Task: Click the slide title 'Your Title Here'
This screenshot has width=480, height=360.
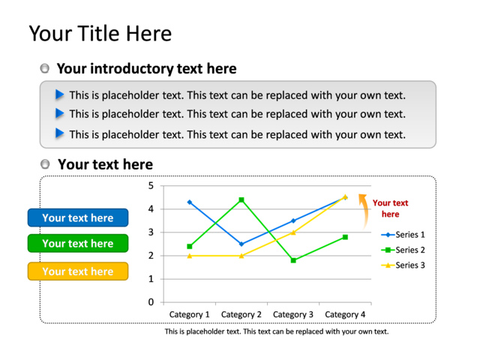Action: pos(100,33)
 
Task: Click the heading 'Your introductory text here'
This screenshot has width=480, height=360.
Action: pos(147,68)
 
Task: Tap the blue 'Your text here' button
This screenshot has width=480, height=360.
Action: pos(78,217)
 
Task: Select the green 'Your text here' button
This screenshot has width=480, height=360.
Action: pos(78,243)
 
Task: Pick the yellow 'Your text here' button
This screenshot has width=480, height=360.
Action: pos(78,271)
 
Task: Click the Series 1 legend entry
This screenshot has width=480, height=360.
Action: pos(403,235)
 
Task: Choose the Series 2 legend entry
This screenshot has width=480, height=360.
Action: pos(403,250)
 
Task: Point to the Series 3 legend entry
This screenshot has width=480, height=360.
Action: pos(403,265)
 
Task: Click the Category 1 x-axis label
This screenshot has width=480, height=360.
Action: pos(190,314)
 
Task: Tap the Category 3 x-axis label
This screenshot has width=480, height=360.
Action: pos(293,314)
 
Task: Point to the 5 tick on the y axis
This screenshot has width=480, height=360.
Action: pos(151,185)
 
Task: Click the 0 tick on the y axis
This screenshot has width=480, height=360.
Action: pos(151,302)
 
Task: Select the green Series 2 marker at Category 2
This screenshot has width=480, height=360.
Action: pos(241,200)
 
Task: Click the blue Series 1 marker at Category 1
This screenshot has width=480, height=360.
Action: pos(190,202)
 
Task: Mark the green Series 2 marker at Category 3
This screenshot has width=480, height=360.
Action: pos(293,260)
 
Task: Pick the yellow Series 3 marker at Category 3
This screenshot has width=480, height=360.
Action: pos(293,232)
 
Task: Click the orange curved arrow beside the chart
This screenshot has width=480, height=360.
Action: pos(364,211)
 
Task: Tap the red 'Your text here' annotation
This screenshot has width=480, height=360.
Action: pos(390,208)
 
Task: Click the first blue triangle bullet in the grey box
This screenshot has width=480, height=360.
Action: pos(60,94)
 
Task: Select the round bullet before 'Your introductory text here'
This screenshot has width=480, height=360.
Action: pos(45,68)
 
